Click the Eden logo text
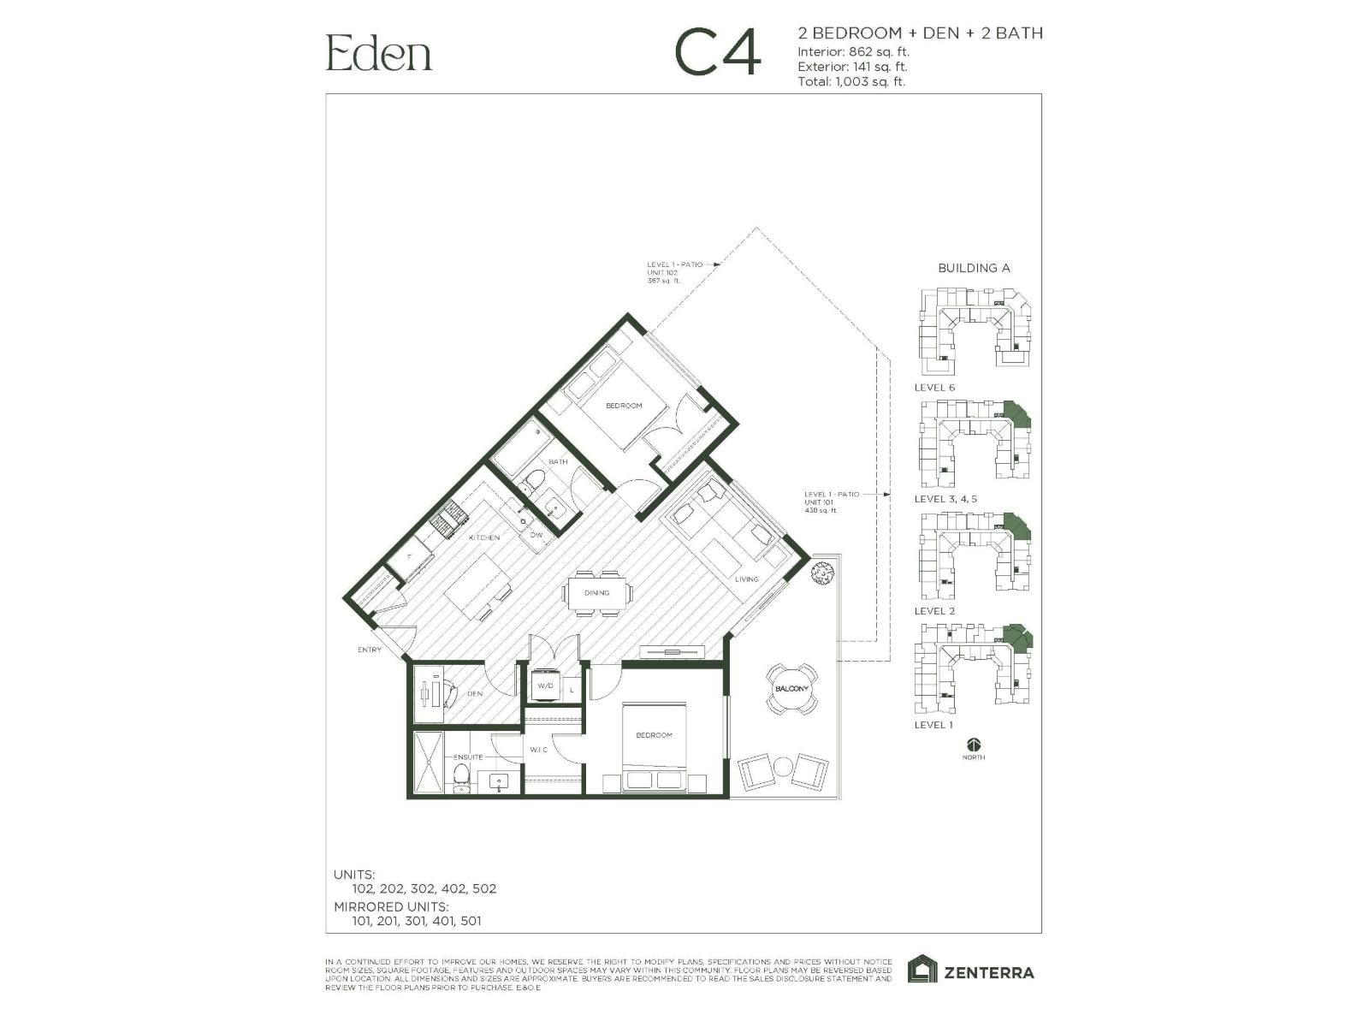tap(379, 53)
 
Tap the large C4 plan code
tap(717, 54)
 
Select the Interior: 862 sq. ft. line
tap(853, 51)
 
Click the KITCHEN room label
tap(483, 537)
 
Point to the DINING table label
tap(597, 592)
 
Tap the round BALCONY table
tap(791, 689)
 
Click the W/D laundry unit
tap(546, 686)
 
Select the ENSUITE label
tap(468, 757)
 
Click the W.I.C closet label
tap(538, 750)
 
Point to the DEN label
tap(475, 693)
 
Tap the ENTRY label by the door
tap(370, 650)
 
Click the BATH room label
tap(558, 461)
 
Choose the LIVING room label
tap(746, 579)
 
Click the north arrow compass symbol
tap(974, 745)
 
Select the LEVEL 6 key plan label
tap(934, 388)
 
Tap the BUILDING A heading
tap(974, 268)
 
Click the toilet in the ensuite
tap(461, 777)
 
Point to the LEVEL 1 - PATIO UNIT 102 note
tap(674, 272)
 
